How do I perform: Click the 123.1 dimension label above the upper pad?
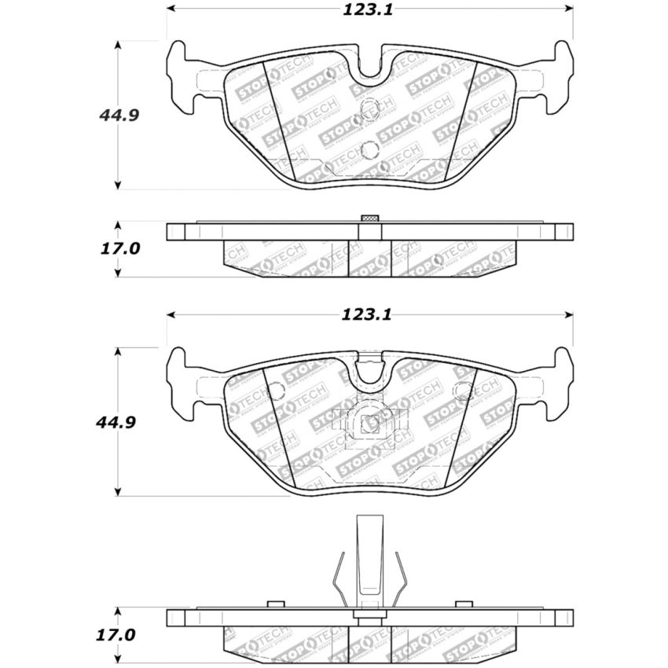pos(365,9)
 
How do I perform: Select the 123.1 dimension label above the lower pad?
pos(365,314)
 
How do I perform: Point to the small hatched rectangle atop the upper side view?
pos(369,218)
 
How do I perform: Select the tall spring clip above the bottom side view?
pos(369,562)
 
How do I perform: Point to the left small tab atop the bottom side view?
pos(274,604)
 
